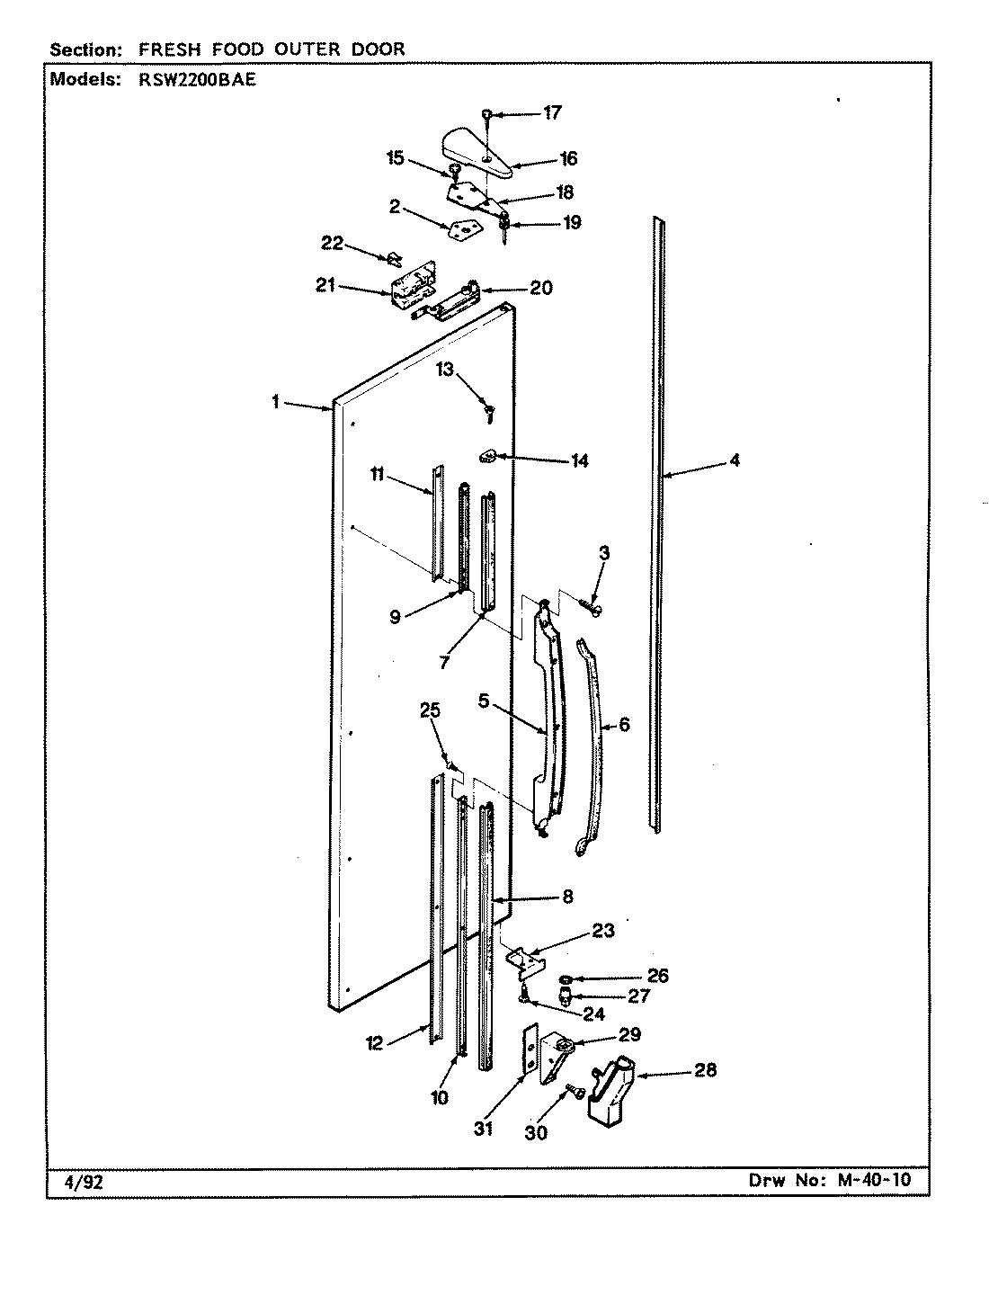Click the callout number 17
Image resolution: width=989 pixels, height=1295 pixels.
552,112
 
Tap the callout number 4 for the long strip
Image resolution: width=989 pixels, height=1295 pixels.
735,460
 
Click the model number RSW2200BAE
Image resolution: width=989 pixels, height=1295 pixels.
192,79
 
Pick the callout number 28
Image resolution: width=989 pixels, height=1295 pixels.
706,1071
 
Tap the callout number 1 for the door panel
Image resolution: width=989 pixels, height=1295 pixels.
276,402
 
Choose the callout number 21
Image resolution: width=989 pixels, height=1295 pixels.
325,285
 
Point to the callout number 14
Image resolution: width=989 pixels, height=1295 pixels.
579,460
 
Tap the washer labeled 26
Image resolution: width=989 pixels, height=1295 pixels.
568,978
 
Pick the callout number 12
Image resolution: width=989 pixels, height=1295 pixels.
374,1043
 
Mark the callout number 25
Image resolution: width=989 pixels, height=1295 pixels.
431,710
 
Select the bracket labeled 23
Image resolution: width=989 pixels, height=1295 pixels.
528,960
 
